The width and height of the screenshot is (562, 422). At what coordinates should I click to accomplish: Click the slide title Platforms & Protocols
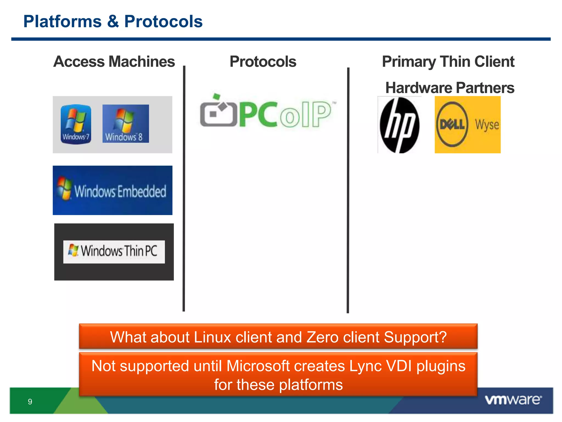(113, 21)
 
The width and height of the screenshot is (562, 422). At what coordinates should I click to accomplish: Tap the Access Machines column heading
(114, 62)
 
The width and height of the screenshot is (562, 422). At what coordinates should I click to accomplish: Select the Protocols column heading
(263, 62)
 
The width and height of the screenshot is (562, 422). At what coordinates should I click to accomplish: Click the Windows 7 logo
(76, 124)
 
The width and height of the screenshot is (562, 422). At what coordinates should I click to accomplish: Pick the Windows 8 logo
(125, 124)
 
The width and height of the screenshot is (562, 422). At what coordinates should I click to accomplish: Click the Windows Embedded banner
(113, 190)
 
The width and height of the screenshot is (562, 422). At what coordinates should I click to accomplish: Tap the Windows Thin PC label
(114, 251)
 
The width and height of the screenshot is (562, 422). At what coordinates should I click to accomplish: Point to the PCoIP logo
(268, 113)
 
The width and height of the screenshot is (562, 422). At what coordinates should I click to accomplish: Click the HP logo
(399, 125)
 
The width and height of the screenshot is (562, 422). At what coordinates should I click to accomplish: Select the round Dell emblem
(452, 124)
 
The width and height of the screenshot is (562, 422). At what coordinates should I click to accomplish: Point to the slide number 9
(30, 402)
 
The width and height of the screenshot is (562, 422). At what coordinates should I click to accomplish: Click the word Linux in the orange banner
(212, 337)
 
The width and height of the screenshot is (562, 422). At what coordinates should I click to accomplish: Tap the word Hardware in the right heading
(419, 88)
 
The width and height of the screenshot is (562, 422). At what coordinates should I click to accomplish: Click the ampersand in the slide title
(113, 21)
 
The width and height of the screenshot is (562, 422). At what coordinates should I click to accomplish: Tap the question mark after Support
(442, 337)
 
